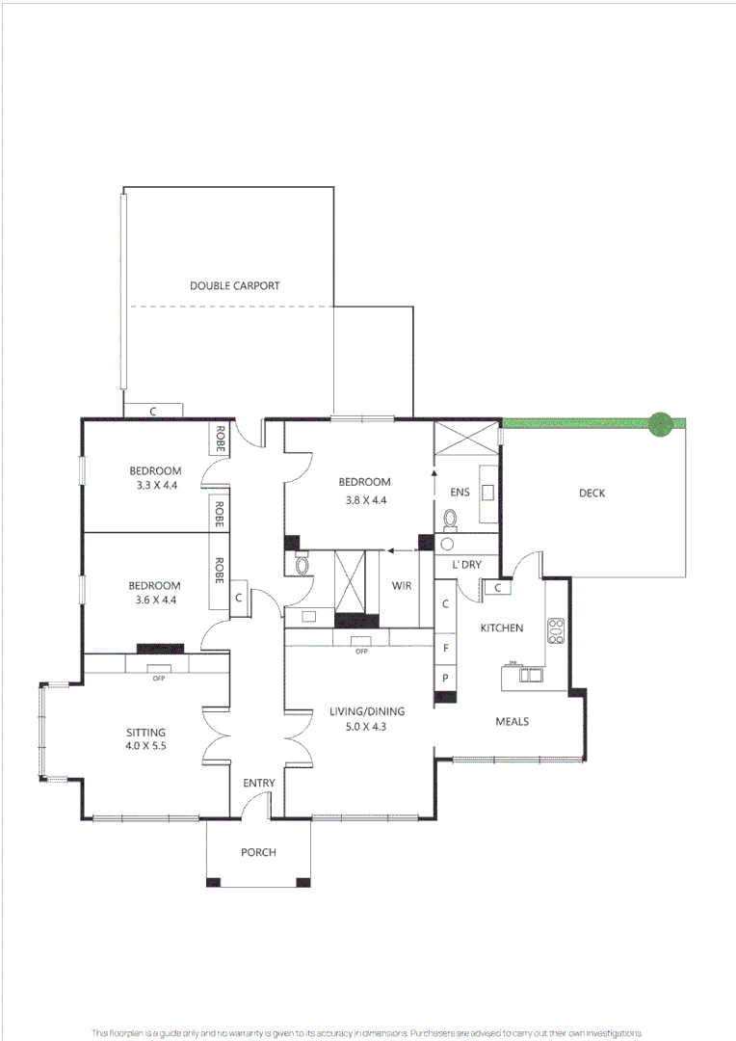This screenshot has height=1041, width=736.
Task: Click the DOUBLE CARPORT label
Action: point(234,285)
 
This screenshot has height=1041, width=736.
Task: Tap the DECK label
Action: point(591,494)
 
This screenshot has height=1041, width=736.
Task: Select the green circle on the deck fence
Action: point(660,423)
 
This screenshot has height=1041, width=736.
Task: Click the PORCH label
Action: point(258,852)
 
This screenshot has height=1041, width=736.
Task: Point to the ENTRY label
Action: point(258,783)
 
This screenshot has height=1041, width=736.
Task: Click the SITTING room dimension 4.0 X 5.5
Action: point(145,745)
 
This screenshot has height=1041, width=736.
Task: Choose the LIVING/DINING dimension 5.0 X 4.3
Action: point(360,726)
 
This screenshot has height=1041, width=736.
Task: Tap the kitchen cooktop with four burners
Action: point(556,630)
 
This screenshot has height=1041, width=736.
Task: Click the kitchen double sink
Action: point(530,675)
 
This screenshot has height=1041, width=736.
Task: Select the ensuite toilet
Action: point(450,519)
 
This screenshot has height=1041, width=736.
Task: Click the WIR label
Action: point(403,585)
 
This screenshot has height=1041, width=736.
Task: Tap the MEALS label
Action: point(512,721)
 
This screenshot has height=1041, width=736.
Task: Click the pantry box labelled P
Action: point(445,678)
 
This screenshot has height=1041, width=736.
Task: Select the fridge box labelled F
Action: point(445,649)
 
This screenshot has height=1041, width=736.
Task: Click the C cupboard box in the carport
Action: point(153,411)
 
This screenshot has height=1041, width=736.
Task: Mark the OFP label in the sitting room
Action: point(159,678)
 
